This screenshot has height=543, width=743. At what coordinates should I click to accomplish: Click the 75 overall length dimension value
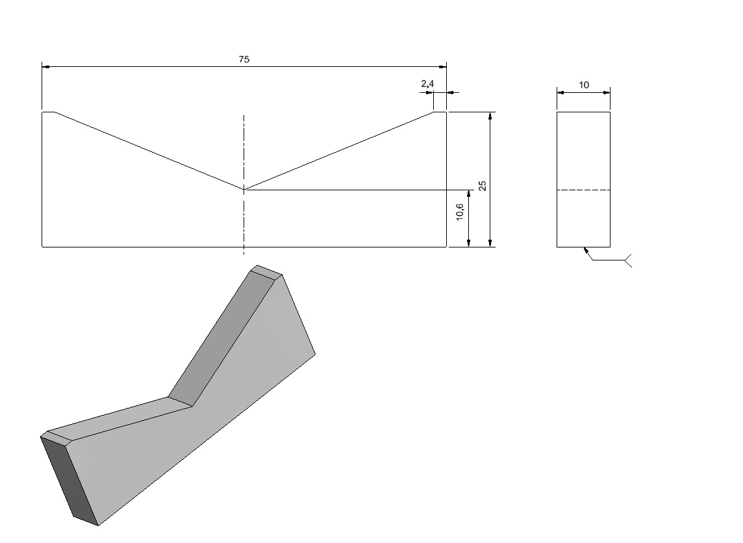tap(244, 59)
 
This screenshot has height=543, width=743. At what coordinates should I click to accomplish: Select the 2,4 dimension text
tap(427, 84)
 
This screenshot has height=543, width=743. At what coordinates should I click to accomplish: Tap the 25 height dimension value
tap(483, 185)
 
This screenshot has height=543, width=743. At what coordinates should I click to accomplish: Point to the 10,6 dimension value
tap(460, 212)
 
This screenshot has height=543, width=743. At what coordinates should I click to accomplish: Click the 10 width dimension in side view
tap(584, 85)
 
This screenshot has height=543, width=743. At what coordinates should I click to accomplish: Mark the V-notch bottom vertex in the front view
tap(244, 190)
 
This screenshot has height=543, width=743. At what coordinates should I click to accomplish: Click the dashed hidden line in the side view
tap(583, 190)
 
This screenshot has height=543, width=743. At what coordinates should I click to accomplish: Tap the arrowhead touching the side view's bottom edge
tap(586, 251)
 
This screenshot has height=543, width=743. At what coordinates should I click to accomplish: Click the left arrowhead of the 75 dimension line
tap(45, 67)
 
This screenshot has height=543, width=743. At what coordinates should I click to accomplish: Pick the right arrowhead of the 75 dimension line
tap(442, 67)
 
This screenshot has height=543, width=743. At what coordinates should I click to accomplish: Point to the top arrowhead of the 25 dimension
tap(490, 116)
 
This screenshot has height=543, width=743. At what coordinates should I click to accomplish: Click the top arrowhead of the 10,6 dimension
tap(469, 194)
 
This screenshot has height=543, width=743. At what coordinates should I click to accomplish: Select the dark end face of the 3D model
tap(69, 479)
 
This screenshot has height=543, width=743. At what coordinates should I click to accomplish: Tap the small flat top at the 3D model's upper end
tap(266, 270)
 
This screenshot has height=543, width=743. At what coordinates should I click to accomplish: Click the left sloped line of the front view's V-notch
tap(149, 151)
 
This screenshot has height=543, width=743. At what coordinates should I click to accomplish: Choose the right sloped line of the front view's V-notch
tap(339, 151)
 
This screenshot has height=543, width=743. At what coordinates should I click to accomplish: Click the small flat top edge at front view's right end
tap(440, 112)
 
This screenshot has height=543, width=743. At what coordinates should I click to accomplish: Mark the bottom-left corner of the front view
tap(42, 247)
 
